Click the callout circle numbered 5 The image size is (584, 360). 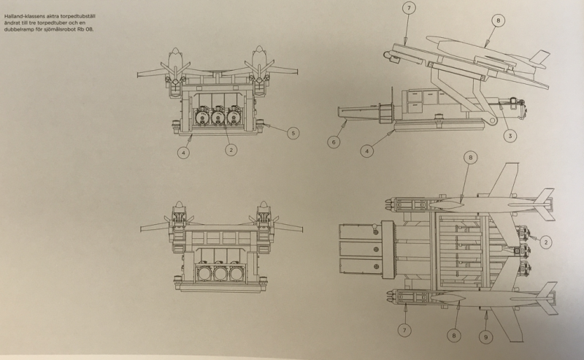point(293,133)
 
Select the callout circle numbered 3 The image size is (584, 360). point(510,136)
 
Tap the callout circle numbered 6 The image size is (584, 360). point(334,142)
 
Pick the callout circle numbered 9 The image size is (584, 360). point(485,337)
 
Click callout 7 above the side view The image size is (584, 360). point(409,8)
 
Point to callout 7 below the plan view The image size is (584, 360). point(404,330)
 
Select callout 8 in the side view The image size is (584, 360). point(499,20)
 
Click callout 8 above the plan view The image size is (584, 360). point(470,158)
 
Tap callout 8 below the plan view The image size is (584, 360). point(453,335)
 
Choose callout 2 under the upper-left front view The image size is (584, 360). point(231,150)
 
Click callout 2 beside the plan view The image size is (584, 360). point(545,242)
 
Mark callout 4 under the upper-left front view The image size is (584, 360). point(183,152)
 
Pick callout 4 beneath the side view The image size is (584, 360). point(367,151)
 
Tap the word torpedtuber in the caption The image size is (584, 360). point(59,23)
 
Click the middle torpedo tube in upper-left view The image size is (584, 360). point(218,116)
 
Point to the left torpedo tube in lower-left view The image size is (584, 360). point(203,274)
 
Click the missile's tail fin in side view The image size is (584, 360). point(539,58)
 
